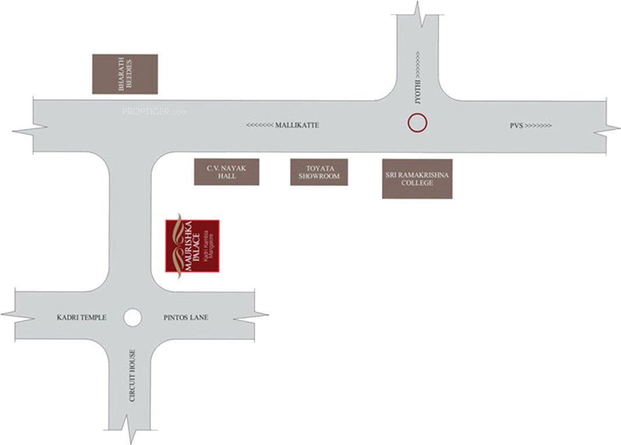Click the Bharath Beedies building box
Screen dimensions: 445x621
point(125,74)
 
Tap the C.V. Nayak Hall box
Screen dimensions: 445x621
point(226,172)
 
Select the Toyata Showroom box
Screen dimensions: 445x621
point(319,172)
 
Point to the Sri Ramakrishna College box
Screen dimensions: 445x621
point(417,178)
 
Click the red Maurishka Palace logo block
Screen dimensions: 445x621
point(192,245)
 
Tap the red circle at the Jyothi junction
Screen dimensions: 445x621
point(417,123)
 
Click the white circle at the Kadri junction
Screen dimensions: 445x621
point(132,317)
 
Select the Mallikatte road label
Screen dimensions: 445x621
point(297,125)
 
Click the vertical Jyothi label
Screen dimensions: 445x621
point(417,93)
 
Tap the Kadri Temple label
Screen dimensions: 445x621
point(81,318)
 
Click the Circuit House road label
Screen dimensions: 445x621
point(133,375)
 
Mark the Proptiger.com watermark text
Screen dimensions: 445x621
point(154,111)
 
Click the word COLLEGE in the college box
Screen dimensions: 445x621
point(417,183)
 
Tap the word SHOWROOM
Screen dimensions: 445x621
point(319,176)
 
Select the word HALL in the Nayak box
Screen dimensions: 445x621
point(226,176)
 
